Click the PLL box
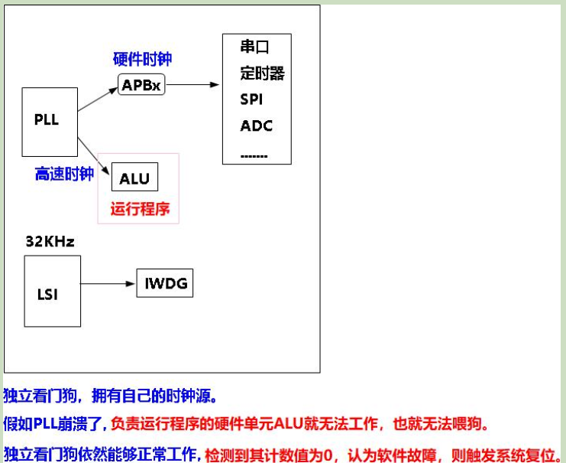pos(50,121)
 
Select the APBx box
pos(141,85)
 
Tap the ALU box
pos(134,179)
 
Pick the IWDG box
pos(164,284)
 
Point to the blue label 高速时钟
pos(64,174)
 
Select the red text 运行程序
pos(140,207)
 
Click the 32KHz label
pos(50,242)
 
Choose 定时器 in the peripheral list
pos(262,73)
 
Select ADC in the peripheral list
pos(256,126)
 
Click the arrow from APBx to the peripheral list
pos(192,85)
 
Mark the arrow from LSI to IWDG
pos(107,284)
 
